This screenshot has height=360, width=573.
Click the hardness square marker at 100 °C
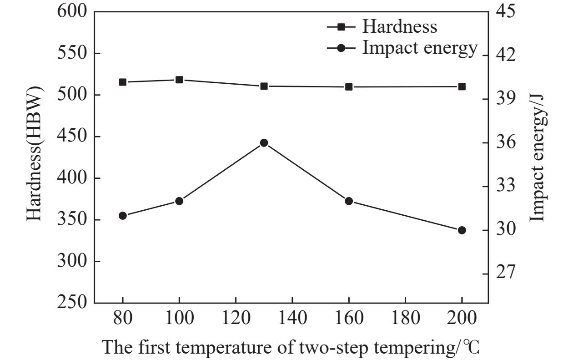pyautogui.click(x=179, y=80)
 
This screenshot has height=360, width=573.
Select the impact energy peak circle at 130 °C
pyautogui.click(x=264, y=143)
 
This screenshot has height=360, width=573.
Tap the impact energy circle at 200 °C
pyautogui.click(x=462, y=230)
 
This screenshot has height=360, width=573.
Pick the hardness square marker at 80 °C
pyautogui.click(x=123, y=82)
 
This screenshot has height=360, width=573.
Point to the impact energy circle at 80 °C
pyautogui.click(x=123, y=216)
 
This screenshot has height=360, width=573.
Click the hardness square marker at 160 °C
pyautogui.click(x=349, y=87)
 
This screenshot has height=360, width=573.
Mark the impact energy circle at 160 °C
pyautogui.click(x=349, y=201)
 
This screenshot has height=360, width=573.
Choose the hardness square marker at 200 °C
pyautogui.click(x=462, y=87)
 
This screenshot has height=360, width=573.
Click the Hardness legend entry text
pyautogui.click(x=400, y=27)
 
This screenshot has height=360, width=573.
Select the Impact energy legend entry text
pyautogui.click(x=420, y=48)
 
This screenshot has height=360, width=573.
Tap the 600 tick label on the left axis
pyautogui.click(x=71, y=11)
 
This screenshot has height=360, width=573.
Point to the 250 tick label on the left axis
pyautogui.click(x=71, y=302)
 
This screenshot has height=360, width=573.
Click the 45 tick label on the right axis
pyautogui.click(x=506, y=11)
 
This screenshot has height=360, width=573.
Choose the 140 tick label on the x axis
pyautogui.click(x=292, y=318)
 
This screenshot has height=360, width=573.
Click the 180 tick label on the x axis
pyautogui.click(x=406, y=318)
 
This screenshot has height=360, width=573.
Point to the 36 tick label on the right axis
pyautogui.click(x=506, y=142)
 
